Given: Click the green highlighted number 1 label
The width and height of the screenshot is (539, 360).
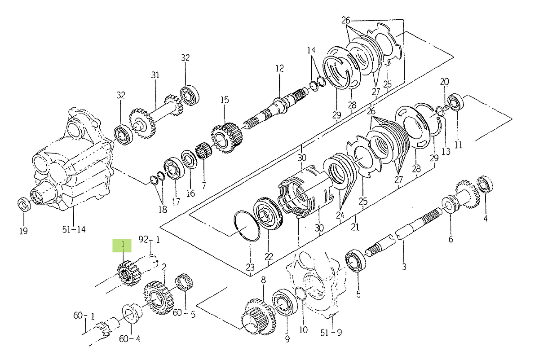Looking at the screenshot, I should point(122,245).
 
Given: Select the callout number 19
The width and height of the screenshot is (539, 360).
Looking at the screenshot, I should point(23,231).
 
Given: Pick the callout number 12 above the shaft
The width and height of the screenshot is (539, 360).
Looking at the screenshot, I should point(279,69).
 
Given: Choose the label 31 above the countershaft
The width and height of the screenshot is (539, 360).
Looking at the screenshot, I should point(155,75).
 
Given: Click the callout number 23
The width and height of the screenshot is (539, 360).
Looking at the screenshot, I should point(250,268).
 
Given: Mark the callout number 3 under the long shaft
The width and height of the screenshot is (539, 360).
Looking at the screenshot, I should point(404,268).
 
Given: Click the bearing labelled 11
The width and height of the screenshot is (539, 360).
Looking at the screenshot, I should point(456,102).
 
